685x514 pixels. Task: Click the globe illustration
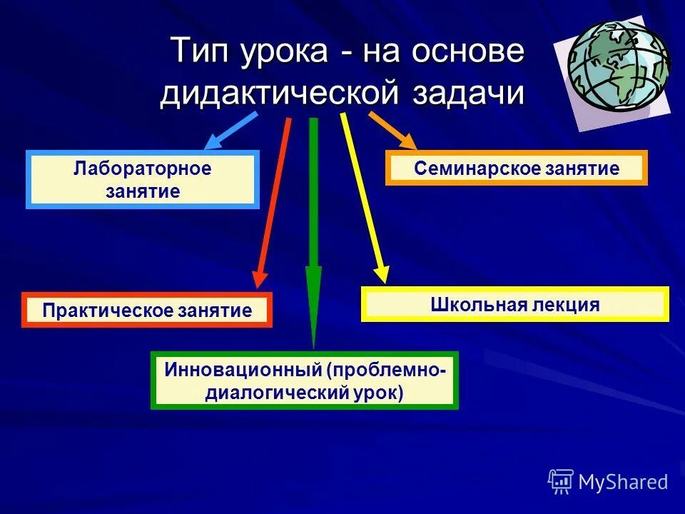619,66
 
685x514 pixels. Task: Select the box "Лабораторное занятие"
143,180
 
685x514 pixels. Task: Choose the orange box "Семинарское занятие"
516,168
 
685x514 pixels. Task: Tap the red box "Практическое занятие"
147,311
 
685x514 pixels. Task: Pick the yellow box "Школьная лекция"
514,305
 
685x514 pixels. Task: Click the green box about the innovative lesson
305,381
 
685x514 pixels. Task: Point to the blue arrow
230,131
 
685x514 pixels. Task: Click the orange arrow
392,130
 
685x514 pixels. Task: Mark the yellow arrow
363,196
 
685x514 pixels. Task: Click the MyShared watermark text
623,482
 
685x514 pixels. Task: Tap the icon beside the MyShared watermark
561,482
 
